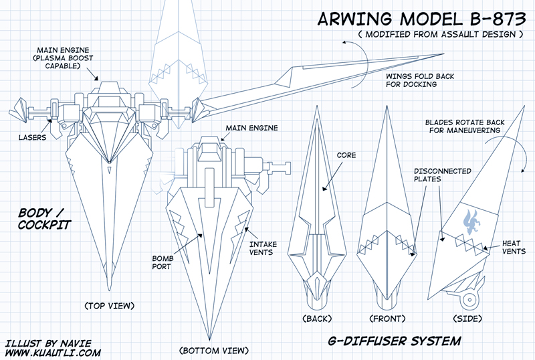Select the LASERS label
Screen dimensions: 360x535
31,139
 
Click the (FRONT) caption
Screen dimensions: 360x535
387,319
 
